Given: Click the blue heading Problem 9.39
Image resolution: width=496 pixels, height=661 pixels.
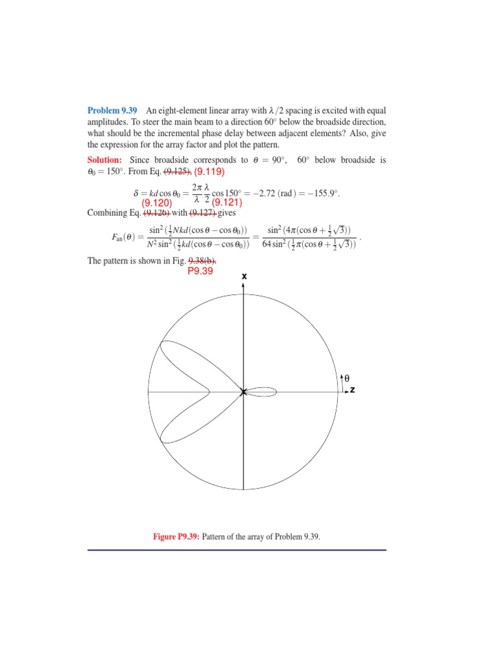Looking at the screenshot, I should [112, 110].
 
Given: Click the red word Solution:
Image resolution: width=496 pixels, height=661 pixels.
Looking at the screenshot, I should [105, 159].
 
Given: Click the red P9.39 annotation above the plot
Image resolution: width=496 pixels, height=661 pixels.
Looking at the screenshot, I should [201, 272].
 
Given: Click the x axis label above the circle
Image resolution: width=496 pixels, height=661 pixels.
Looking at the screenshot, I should [243, 276].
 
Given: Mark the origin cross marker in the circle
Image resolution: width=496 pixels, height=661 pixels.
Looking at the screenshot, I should [243, 392].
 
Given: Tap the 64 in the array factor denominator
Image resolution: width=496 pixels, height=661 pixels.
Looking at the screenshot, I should [267, 243].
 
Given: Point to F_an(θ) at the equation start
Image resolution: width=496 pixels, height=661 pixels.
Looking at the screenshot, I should [125, 237].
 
